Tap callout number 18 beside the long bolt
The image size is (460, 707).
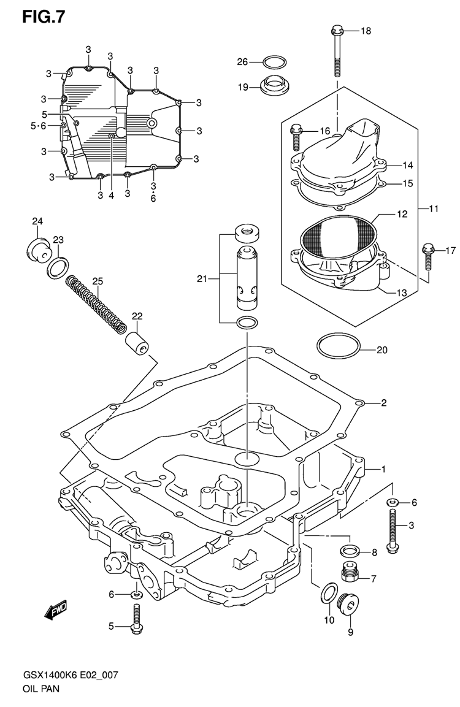click(366, 31)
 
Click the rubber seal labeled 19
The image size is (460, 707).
click(274, 85)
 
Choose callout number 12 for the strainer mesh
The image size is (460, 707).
click(402, 215)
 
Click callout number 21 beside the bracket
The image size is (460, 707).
click(203, 279)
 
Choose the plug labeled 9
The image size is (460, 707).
click(349, 606)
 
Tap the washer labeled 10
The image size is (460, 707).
click(329, 593)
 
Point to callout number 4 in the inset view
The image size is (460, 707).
click(112, 196)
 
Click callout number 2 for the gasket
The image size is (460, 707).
click(383, 403)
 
